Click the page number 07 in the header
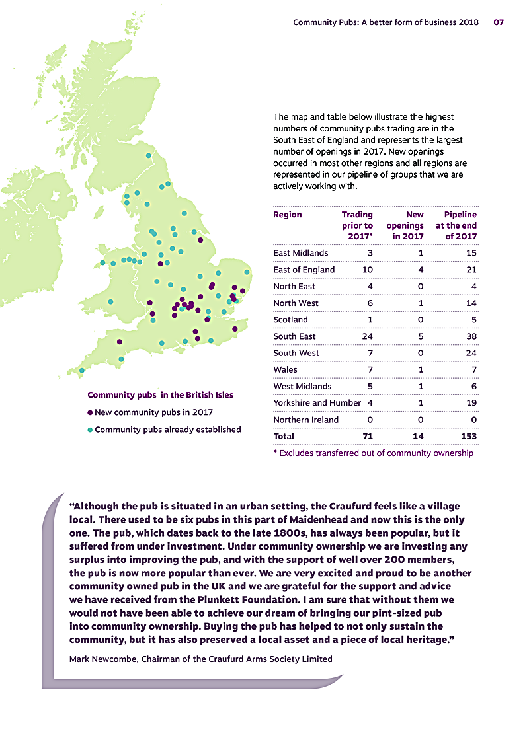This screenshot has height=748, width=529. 499,22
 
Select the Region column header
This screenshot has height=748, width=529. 288,215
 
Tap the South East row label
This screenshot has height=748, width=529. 294,336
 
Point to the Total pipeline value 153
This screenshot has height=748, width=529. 468,436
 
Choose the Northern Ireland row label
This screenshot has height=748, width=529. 305,420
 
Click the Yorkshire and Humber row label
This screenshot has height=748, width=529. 317,403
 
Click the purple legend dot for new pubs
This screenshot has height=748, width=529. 90,412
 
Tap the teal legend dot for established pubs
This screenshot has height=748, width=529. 90,430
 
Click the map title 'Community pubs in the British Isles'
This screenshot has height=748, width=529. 160,395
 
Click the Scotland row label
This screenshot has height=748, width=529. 290,320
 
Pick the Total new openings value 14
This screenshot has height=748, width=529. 418,436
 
